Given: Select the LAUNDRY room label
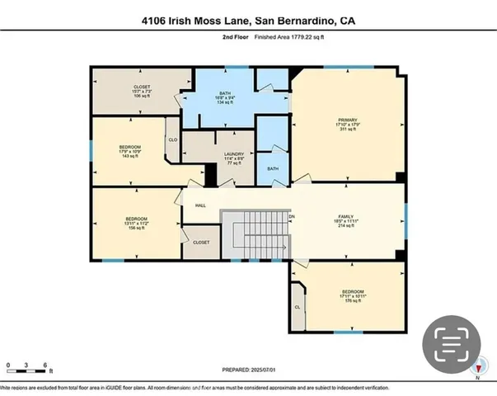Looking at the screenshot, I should click(234, 159).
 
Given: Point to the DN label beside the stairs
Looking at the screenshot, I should click(291, 217).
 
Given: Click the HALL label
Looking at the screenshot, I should click(200, 206).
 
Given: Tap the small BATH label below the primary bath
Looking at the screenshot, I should click(273, 168).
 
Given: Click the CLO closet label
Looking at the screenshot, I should click(172, 140).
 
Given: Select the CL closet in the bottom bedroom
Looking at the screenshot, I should click(298, 307).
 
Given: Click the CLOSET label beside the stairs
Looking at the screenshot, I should click(200, 243).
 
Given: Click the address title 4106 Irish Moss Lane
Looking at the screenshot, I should click(248, 20).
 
